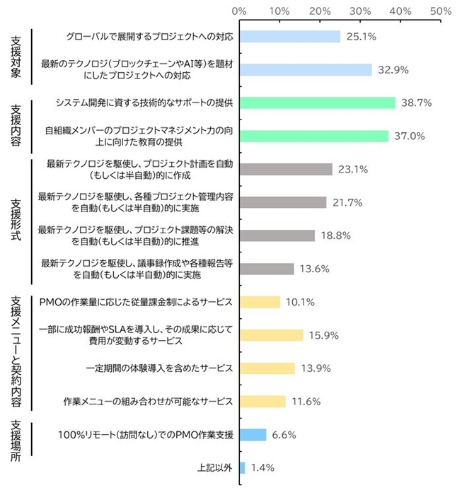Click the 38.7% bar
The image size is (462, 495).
click(x=317, y=103)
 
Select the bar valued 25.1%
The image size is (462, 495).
click(x=290, y=36)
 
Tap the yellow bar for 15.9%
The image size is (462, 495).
click(x=272, y=335)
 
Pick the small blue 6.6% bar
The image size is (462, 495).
click(x=253, y=435)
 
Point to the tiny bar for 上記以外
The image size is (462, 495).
click(x=243, y=467)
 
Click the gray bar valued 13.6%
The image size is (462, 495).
click(x=267, y=269)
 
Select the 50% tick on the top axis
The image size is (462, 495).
click(x=441, y=11)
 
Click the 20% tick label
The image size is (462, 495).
click(x=320, y=11)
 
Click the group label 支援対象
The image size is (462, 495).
click(x=17, y=53)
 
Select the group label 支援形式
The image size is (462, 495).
click(x=17, y=219)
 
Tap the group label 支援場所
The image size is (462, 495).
click(x=17, y=443)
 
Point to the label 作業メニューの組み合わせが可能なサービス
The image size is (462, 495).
click(x=148, y=402)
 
